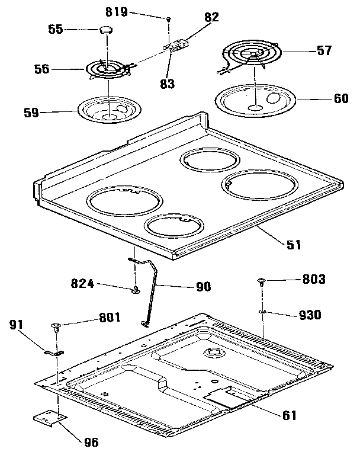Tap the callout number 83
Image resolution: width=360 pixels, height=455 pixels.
[168, 84]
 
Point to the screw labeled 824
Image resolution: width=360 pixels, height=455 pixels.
[136, 289]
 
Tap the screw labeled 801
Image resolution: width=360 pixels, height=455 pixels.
[57, 325]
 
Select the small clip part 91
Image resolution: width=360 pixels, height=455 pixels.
[55, 353]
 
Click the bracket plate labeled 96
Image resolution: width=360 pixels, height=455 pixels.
[49, 418]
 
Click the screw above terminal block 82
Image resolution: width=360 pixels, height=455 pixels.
[169, 20]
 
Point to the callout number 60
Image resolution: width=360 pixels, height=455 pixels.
[341, 98]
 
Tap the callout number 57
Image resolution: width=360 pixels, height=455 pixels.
[324, 51]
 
